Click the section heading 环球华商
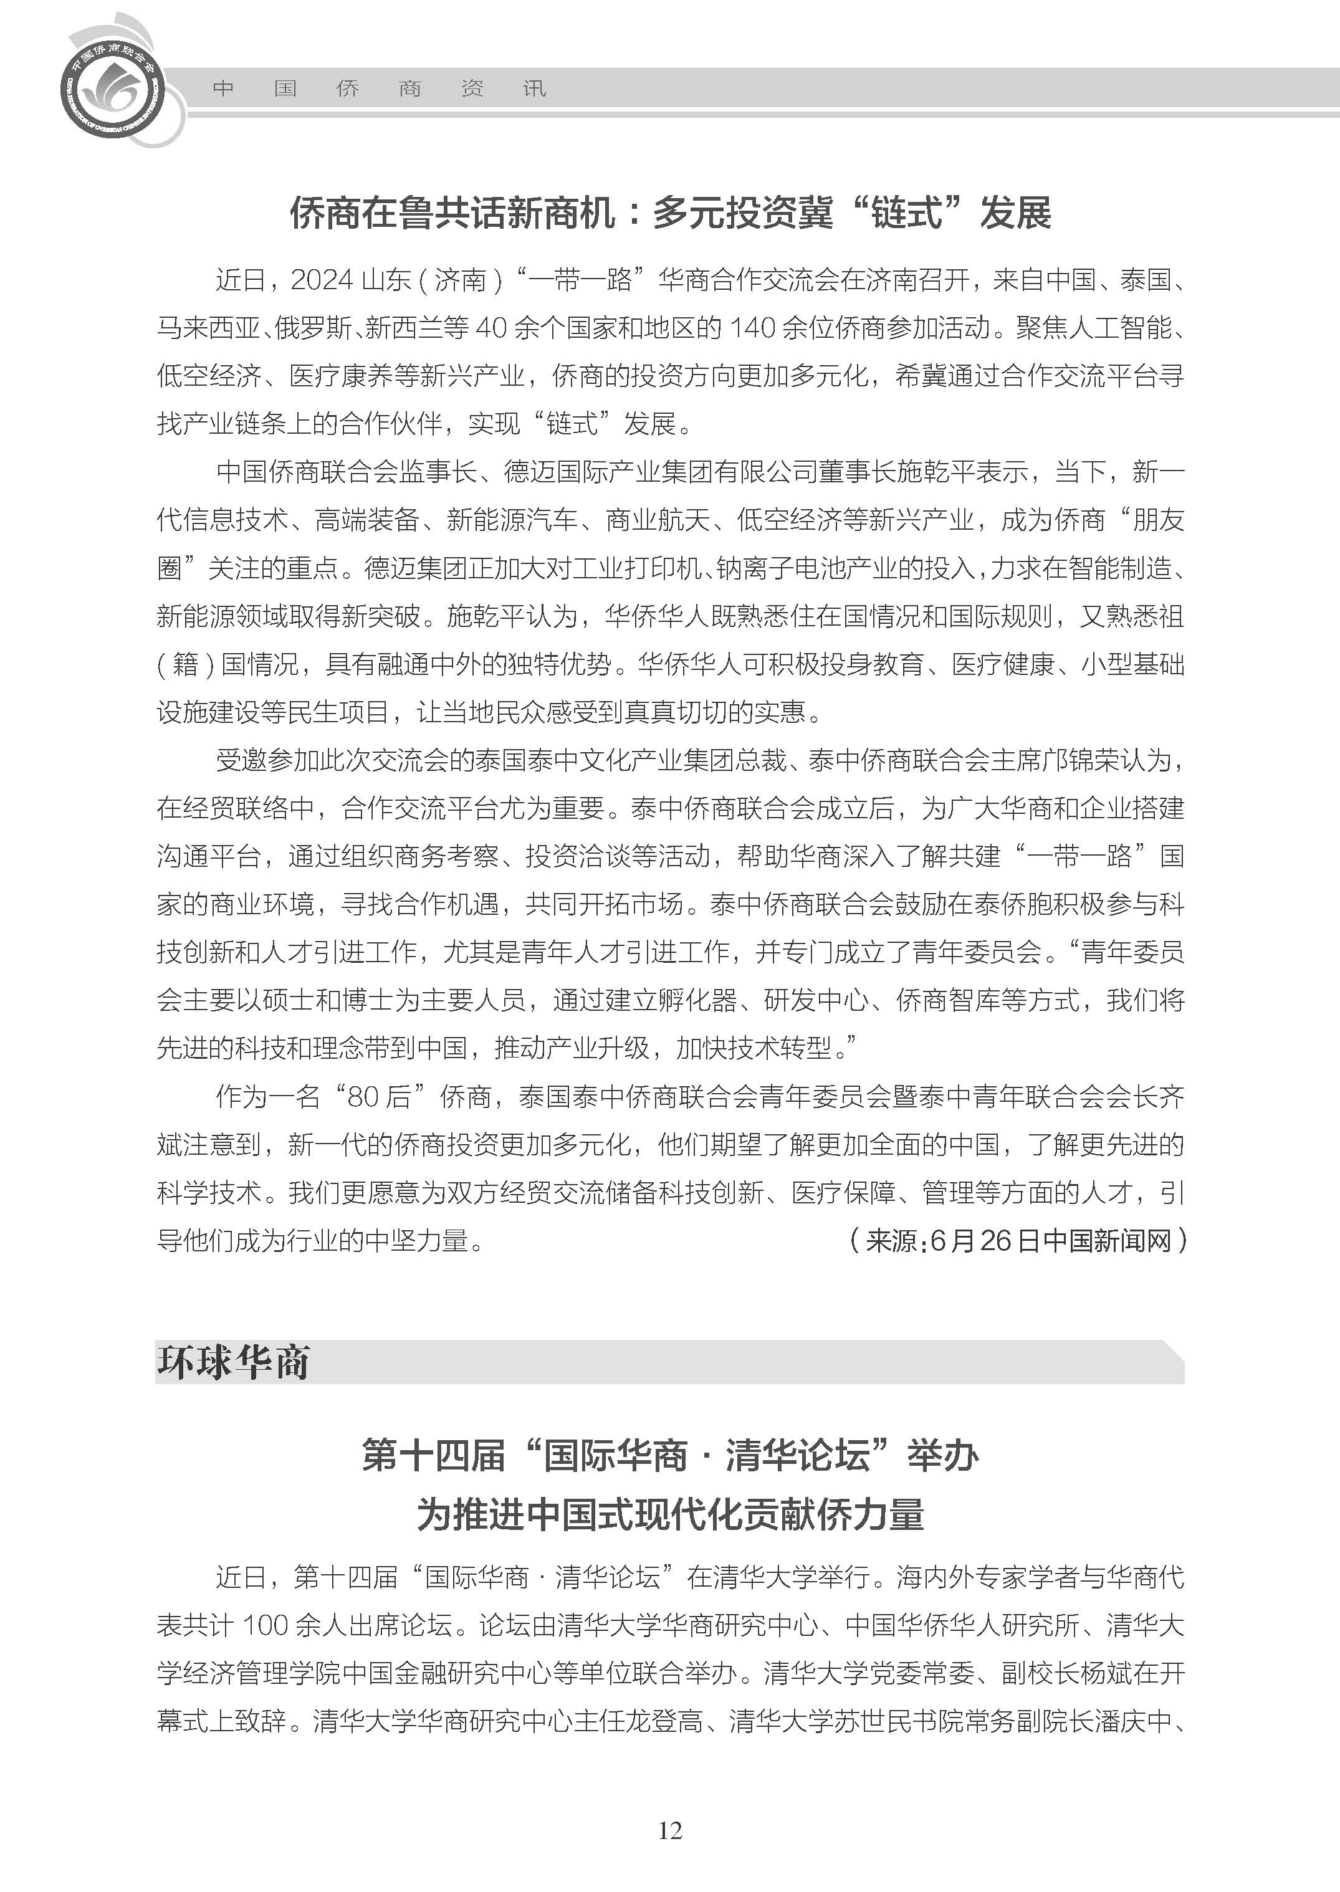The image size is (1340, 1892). point(234,1363)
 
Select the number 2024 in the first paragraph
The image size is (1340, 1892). point(322,280)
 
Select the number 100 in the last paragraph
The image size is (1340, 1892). point(265,1625)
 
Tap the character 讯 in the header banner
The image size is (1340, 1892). point(535,88)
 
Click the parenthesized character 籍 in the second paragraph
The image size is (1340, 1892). point(186,664)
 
